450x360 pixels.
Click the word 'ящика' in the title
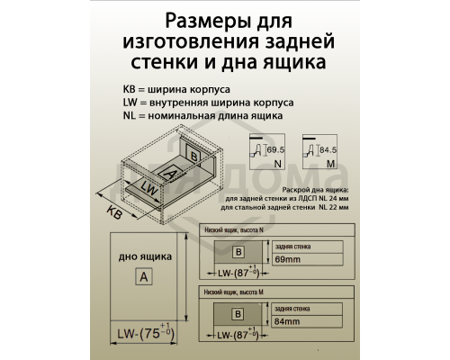click(x=288, y=62)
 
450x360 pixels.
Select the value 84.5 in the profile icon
click(x=328, y=147)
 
